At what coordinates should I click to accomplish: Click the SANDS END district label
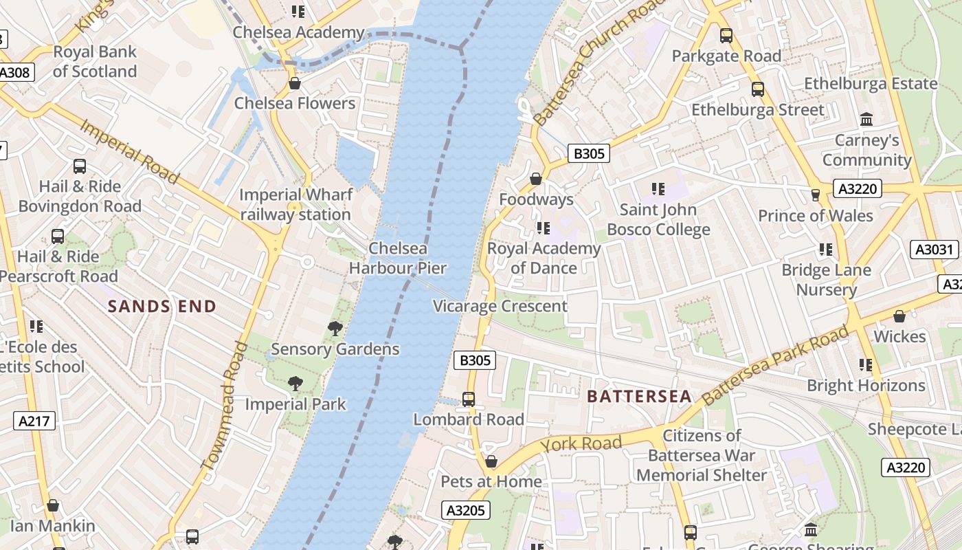click(162, 307)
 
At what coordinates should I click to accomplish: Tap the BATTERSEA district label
click(640, 397)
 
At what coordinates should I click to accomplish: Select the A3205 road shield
click(466, 510)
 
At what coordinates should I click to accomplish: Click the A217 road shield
click(34, 421)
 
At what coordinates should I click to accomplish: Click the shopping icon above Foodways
click(536, 179)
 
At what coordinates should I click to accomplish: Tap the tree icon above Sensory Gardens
click(335, 329)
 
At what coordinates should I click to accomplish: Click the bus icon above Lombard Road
click(469, 399)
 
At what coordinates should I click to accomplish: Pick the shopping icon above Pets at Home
click(491, 461)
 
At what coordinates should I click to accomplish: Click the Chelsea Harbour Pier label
click(398, 258)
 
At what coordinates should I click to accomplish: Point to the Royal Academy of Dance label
click(544, 258)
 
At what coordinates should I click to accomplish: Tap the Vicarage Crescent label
click(500, 306)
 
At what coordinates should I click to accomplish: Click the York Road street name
click(581, 443)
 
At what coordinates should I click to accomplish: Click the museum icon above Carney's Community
click(866, 120)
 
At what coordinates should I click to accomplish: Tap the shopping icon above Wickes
click(899, 316)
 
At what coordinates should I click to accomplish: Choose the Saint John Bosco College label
click(658, 219)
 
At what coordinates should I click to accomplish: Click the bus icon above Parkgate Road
click(726, 36)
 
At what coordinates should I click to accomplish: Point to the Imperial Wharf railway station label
click(295, 204)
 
